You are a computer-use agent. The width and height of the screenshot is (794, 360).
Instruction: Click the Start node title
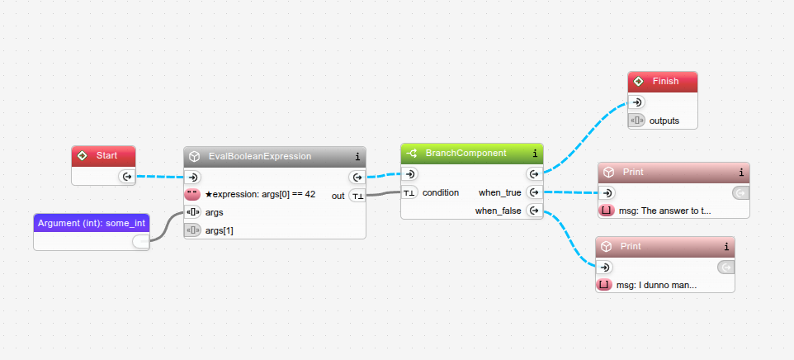106,155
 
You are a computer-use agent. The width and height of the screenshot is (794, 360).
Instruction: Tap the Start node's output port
126,176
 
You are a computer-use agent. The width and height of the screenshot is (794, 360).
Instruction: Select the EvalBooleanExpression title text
259,156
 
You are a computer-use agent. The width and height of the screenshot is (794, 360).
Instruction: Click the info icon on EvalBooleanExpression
357,156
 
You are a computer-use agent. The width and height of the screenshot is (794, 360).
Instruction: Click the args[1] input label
220,230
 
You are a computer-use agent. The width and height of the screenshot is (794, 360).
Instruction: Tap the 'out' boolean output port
357,196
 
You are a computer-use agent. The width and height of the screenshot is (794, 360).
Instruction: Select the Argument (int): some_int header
92,223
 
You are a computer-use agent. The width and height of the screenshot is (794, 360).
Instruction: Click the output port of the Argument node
140,241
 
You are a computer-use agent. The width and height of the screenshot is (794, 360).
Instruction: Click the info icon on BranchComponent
535,153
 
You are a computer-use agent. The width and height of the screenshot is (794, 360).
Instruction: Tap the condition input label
440,192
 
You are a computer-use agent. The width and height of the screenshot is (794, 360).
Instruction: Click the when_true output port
534,192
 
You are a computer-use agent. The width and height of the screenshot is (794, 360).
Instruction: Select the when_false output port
534,211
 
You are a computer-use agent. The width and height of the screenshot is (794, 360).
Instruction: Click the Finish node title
665,81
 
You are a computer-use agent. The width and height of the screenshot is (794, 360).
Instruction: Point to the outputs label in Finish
664,121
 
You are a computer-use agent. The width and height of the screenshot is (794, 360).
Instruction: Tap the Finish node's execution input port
636,102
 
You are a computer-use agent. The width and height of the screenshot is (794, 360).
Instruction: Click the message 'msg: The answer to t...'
664,211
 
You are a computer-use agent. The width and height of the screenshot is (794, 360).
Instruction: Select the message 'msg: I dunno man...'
656,285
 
